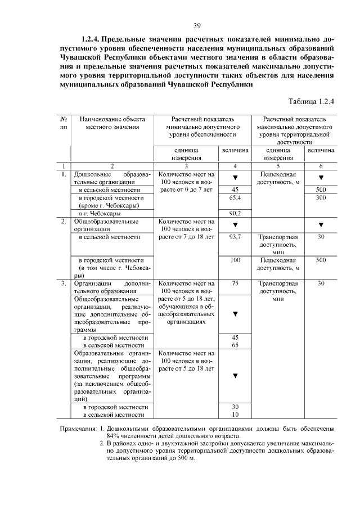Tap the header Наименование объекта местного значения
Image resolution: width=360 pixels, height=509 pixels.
coord(111,123)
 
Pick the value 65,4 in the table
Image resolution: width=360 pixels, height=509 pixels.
coord(235,198)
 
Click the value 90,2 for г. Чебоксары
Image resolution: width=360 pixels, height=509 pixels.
coord(235,214)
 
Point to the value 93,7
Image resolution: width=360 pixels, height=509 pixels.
coord(235,237)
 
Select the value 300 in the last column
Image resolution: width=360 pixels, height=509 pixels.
coord(321,198)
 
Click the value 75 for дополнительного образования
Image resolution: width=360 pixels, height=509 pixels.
coord(235,284)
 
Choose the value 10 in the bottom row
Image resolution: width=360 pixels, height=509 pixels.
coord(235,415)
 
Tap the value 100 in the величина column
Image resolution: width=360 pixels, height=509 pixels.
coord(235,260)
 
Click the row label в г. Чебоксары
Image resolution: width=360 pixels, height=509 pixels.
coord(99,214)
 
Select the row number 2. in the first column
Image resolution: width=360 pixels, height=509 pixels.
coord(64,222)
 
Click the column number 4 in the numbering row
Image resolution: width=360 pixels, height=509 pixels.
coord(235,166)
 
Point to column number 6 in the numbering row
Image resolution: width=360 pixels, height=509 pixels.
coord(321,166)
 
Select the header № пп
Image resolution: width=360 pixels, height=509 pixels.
coord(64,123)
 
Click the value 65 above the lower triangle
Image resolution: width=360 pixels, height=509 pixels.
coord(235,344)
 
